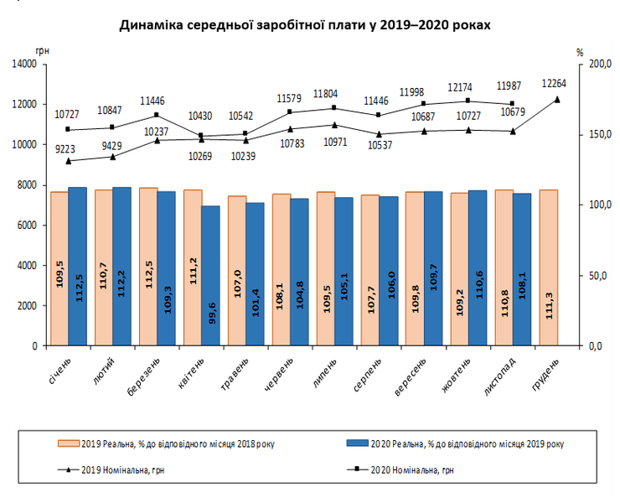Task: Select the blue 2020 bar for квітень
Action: tap(209, 275)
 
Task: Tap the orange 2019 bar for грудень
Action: tap(548, 267)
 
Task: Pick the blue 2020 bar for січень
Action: tap(77, 266)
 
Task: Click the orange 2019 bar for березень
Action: tap(147, 266)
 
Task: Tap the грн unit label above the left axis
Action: tap(44, 51)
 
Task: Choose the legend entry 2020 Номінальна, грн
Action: tap(411, 471)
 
